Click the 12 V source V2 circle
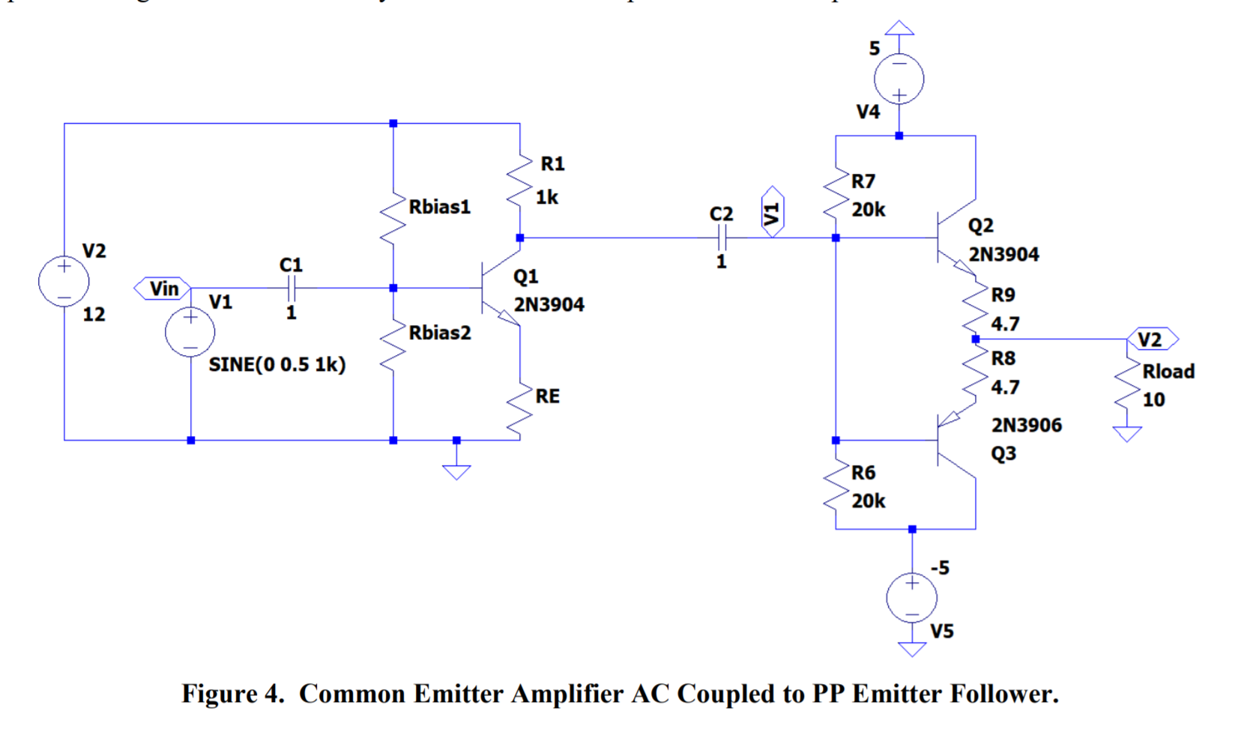point(64,282)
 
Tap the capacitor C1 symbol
point(292,288)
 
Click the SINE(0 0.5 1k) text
point(277,365)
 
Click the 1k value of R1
point(546,197)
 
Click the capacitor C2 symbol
point(721,238)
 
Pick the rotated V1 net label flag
point(772,213)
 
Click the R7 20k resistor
point(836,195)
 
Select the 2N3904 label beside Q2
point(1003,255)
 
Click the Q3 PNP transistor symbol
point(952,441)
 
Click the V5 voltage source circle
point(911,598)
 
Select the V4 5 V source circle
point(899,79)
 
